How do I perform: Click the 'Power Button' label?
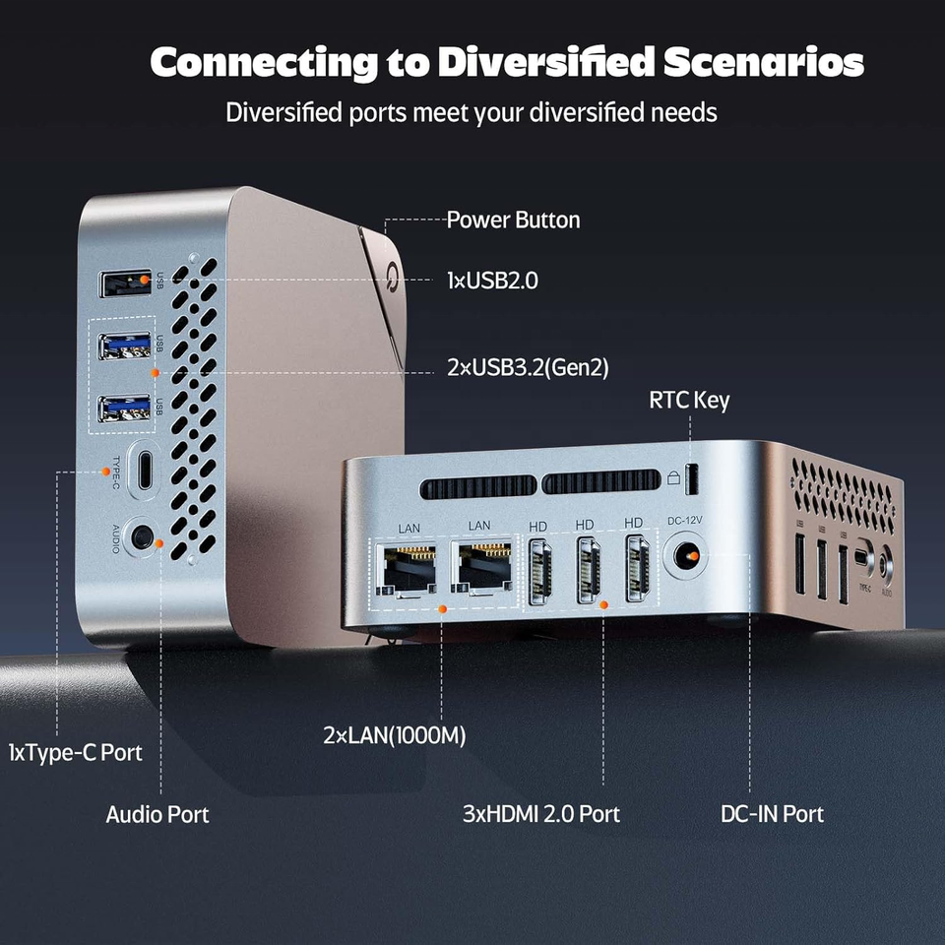pyautogui.click(x=513, y=220)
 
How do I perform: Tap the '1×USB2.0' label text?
pyautogui.click(x=491, y=281)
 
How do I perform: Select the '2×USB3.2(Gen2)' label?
pyautogui.click(x=528, y=368)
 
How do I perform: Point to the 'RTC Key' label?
pyautogui.click(x=689, y=401)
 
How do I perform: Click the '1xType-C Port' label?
pyautogui.click(x=75, y=753)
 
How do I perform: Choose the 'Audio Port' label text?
pyautogui.click(x=157, y=814)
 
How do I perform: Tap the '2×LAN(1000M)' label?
pyautogui.click(x=394, y=735)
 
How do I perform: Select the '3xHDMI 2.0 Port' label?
pyautogui.click(x=540, y=814)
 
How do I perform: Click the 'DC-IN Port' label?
pyautogui.click(x=772, y=814)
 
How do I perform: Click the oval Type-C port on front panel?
pyautogui.click(x=145, y=470)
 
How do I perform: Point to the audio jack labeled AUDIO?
pyautogui.click(x=144, y=537)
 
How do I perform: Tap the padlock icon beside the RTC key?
pyautogui.click(x=673, y=476)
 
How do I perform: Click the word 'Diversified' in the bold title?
pyautogui.click(x=545, y=63)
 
